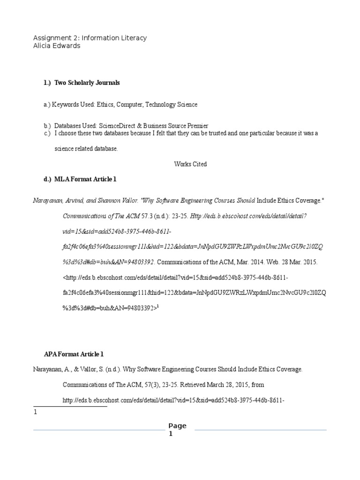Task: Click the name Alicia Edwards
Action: (x=57, y=46)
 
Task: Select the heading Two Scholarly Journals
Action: (x=87, y=83)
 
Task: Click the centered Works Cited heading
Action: (x=190, y=164)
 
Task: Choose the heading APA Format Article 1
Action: (x=74, y=354)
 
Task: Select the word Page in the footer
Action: (x=178, y=426)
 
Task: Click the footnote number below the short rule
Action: (x=35, y=412)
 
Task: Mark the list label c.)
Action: (x=47, y=133)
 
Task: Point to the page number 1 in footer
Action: (x=171, y=434)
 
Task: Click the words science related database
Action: (x=86, y=149)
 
